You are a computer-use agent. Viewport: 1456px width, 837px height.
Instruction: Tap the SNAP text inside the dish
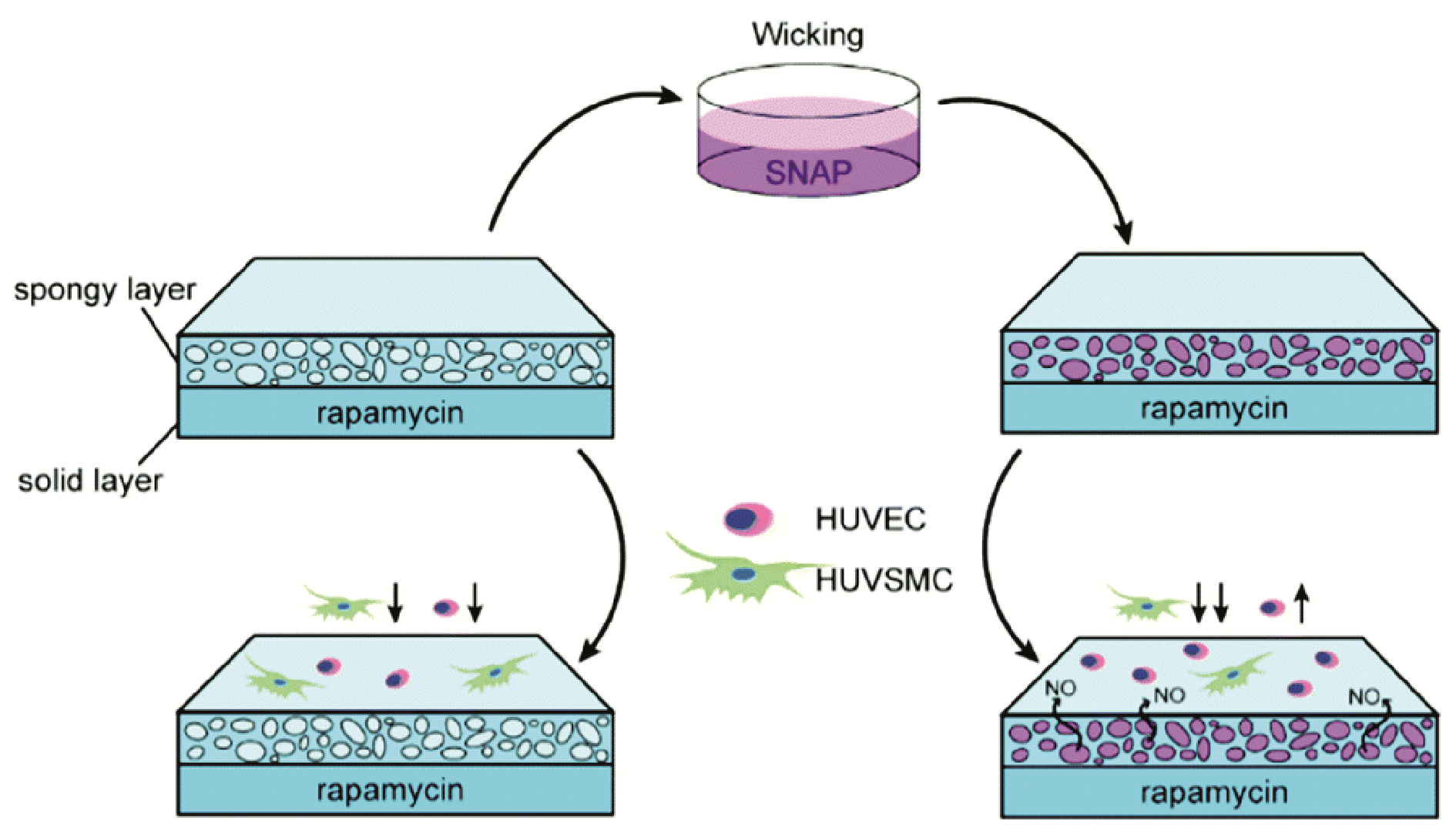pyautogui.click(x=808, y=172)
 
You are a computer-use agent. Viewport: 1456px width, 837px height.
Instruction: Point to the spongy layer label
pyautogui.click(x=105, y=291)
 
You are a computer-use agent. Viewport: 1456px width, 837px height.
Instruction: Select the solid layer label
pyautogui.click(x=90, y=480)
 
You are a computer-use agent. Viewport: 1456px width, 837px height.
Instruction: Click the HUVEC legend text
pyautogui.click(x=871, y=519)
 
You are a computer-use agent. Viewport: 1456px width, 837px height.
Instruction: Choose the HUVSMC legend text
pyautogui.click(x=884, y=579)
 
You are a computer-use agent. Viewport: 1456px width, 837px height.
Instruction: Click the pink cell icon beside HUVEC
pyautogui.click(x=748, y=519)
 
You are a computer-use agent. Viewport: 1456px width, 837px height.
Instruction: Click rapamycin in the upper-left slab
pyautogui.click(x=391, y=413)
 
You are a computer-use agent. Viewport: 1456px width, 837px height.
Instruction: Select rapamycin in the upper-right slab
pyautogui.click(x=1214, y=409)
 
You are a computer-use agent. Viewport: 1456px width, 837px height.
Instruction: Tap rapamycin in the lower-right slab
pyautogui.click(x=1214, y=792)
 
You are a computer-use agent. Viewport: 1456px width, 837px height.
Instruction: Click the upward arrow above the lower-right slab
pyautogui.click(x=1301, y=603)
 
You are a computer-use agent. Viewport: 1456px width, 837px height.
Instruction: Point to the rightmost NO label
pyautogui.click(x=1364, y=697)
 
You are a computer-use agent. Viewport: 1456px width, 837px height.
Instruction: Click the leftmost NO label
pyautogui.click(x=1060, y=688)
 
